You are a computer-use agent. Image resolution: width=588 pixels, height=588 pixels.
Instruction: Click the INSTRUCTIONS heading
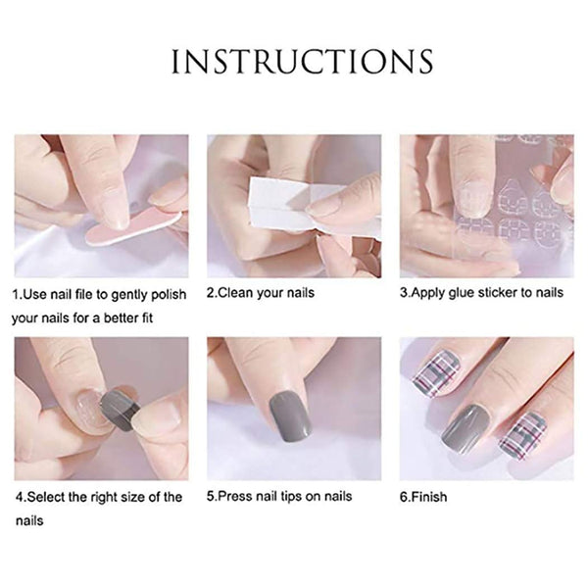pyautogui.click(x=302, y=61)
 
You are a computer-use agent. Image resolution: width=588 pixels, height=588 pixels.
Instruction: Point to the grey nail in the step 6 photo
pyautogui.click(x=465, y=428)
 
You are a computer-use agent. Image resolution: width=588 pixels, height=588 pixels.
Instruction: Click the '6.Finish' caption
pyautogui.click(x=423, y=497)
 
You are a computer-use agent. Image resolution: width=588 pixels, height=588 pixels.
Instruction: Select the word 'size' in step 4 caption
pyautogui.click(x=132, y=497)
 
